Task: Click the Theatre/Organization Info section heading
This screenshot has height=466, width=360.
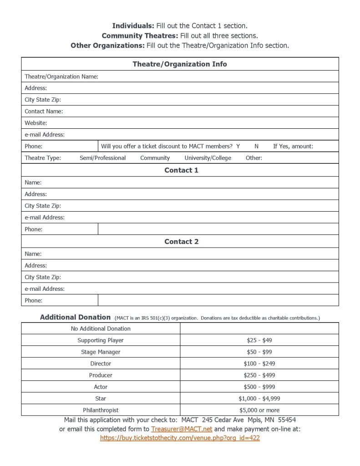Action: pos(180,64)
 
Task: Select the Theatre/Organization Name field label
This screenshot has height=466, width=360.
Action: pos(61,76)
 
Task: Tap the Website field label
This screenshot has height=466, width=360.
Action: pos(36,123)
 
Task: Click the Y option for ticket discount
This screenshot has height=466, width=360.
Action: pos(238,146)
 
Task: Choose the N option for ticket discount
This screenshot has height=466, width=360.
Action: pos(256,146)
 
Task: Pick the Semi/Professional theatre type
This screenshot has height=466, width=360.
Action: pos(102,158)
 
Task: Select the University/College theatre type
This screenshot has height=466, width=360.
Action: pos(208,158)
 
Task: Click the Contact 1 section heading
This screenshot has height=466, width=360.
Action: pos(181,170)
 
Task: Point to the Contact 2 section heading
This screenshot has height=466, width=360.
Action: pos(181,242)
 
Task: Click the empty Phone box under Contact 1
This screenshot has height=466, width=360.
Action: pos(218,229)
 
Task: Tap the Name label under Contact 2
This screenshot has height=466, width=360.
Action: pos(33,254)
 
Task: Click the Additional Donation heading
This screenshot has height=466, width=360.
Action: pos(75,317)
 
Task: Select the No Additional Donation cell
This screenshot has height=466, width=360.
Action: pos(101,329)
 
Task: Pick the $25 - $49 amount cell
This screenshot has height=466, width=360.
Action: pos(259,340)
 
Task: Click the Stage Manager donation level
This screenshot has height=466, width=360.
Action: pos(101,352)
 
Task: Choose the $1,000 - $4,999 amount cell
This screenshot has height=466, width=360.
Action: pos(259,398)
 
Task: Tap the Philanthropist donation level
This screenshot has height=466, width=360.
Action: pos(101,410)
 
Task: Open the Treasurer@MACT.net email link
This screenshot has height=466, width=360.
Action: pos(182,429)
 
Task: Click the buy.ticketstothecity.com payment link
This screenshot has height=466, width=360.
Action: pos(180,438)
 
